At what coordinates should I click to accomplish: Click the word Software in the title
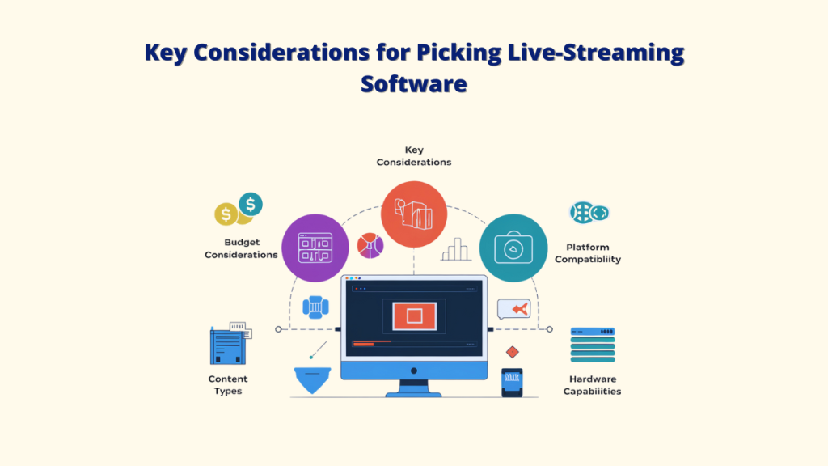[413, 83]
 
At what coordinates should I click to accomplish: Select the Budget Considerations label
[241, 248]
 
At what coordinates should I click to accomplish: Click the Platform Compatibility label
[588, 253]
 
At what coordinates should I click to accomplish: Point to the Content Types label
[228, 385]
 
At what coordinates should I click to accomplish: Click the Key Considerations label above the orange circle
[414, 155]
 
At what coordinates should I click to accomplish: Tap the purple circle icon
[315, 248]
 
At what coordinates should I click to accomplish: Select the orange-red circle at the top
[414, 214]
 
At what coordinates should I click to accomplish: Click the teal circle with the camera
[513, 248]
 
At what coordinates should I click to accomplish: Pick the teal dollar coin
[251, 205]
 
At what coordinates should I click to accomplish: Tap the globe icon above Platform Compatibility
[589, 213]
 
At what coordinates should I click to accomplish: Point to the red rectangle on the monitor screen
[414, 315]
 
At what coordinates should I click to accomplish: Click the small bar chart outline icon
[456, 249]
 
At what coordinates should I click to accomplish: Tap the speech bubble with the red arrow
[514, 308]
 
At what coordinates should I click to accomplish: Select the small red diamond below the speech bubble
[512, 352]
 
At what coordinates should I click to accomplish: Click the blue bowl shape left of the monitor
[314, 379]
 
